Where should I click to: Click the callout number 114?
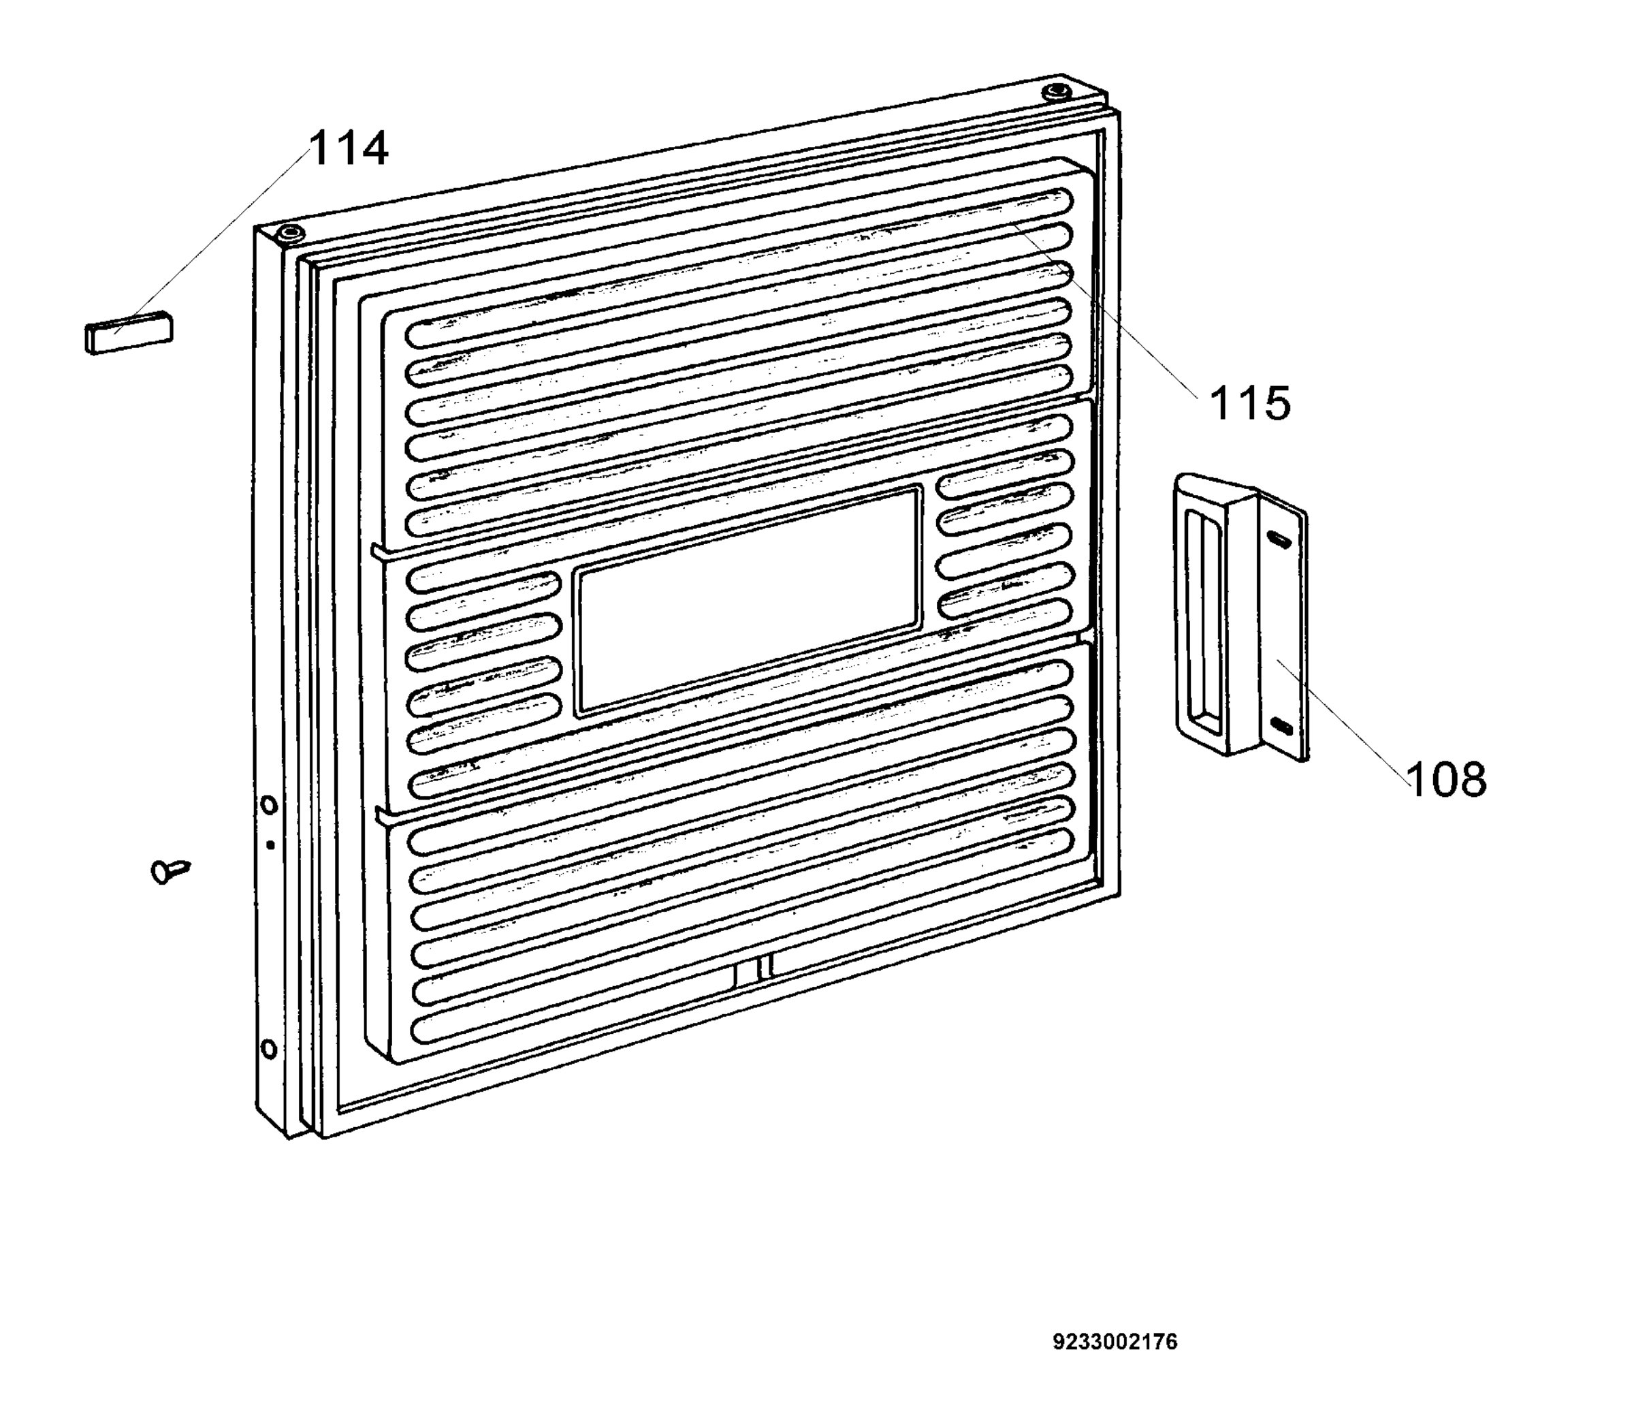(349, 148)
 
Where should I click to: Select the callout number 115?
(1250, 403)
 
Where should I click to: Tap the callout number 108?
(1446, 779)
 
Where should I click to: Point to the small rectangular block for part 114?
(128, 331)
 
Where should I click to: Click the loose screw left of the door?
(170, 871)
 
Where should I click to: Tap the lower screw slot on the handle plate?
(1281, 725)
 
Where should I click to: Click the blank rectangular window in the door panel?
(748, 601)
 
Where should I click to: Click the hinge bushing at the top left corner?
(291, 234)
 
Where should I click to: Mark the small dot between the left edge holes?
(270, 845)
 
